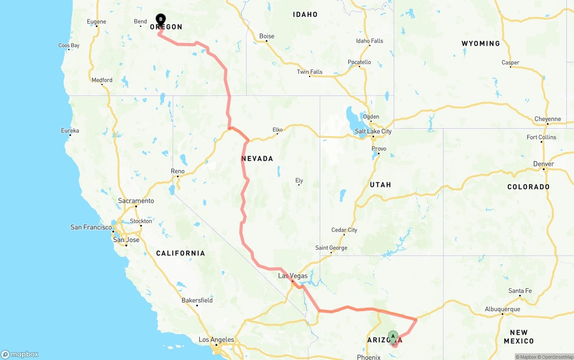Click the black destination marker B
161,20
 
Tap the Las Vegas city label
293,276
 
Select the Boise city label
267,36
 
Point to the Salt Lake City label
373,131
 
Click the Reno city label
178,171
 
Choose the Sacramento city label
136,201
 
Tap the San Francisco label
91,227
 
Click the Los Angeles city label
216,340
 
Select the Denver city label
544,164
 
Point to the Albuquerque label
503,309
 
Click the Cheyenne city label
548,119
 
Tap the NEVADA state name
257,159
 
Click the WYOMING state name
481,43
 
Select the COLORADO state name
528,187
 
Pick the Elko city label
278,130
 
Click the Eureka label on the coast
70,131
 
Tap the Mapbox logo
20,355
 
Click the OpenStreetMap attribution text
555,357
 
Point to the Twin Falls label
309,72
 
